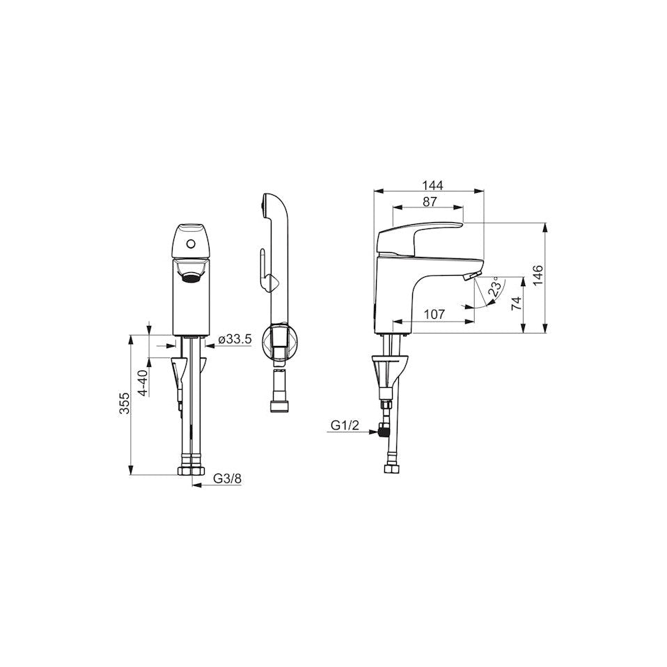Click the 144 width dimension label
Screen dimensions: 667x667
[x=432, y=185]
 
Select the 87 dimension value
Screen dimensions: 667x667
[x=430, y=202]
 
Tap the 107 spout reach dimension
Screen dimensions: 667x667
[x=434, y=315]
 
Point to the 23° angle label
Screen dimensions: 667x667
[x=495, y=287]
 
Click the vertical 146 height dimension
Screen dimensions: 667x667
[x=537, y=276]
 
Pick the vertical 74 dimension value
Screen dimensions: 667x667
[x=517, y=304]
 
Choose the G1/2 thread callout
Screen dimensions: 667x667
[x=345, y=425]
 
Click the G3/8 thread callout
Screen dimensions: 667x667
[x=227, y=478]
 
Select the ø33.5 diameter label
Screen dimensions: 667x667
[x=235, y=340]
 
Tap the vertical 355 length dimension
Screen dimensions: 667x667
[x=124, y=403]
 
